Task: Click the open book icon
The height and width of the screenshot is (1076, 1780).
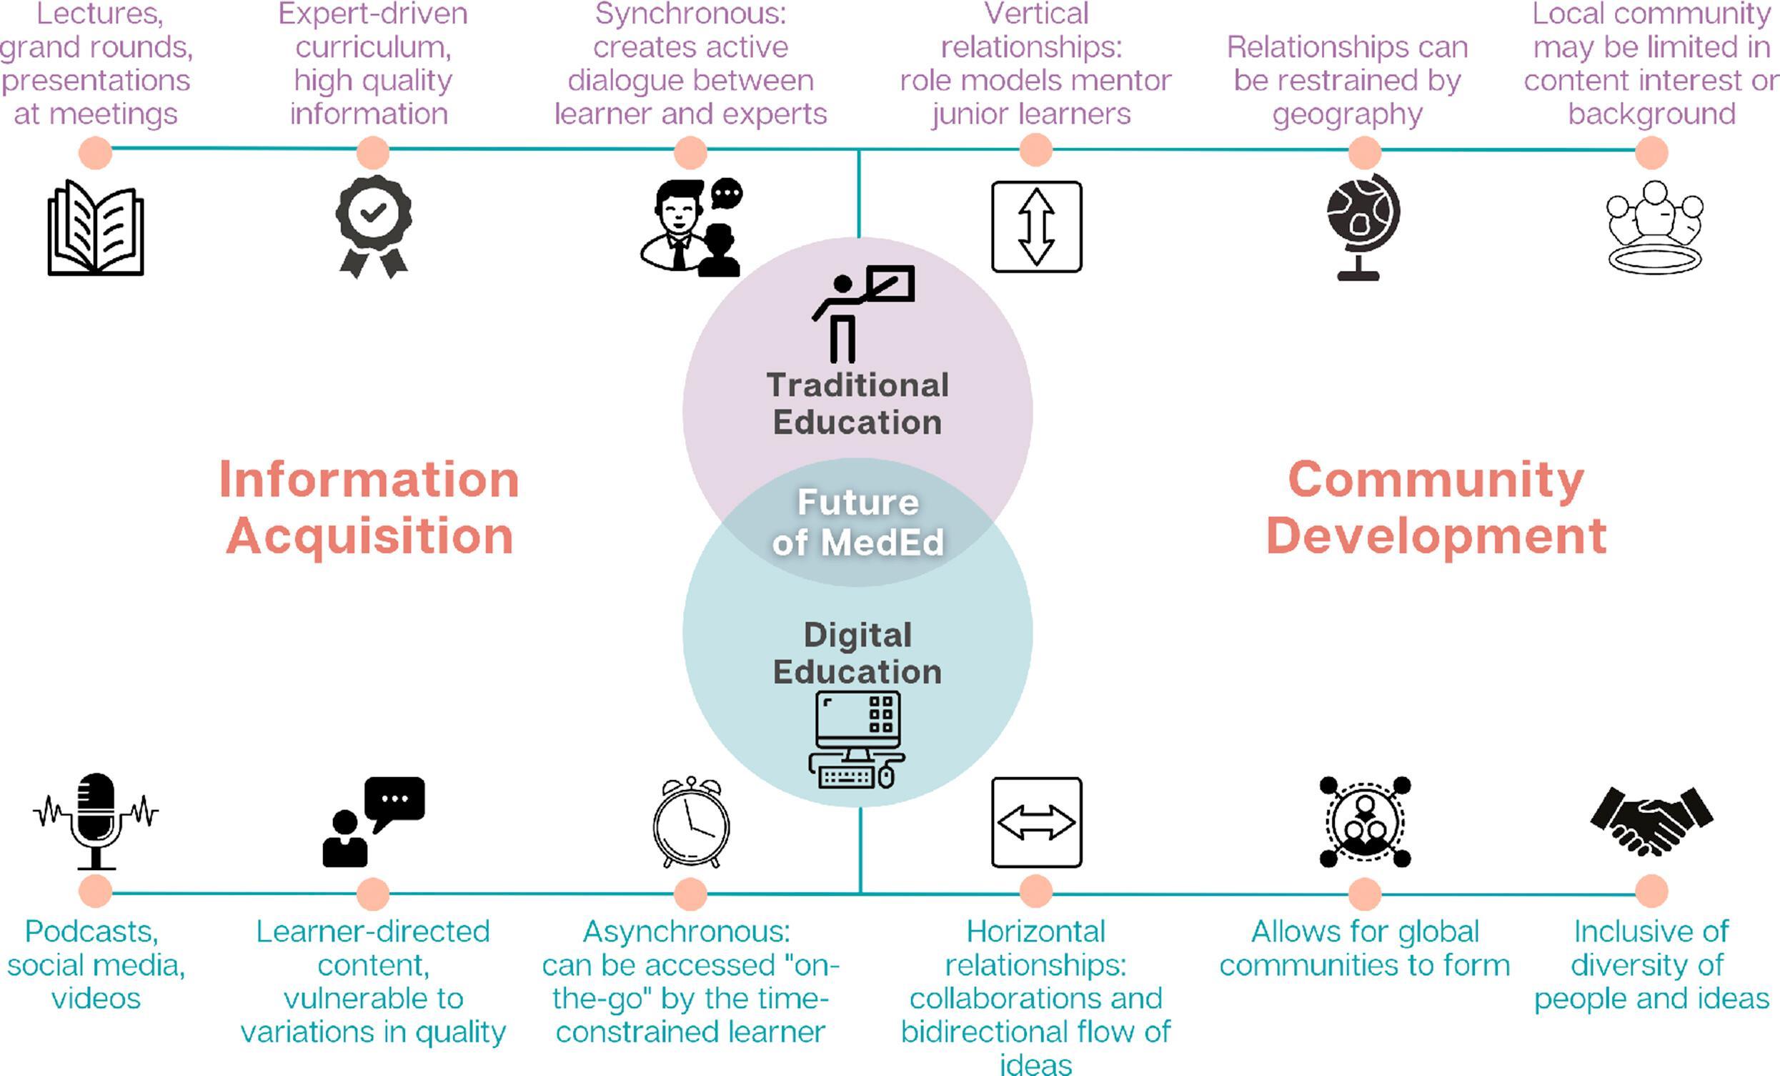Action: point(95,227)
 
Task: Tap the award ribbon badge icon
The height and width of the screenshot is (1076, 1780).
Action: point(374,225)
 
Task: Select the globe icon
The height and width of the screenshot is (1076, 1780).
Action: point(1363,226)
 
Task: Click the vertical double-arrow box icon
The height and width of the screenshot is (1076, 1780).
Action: point(1036,226)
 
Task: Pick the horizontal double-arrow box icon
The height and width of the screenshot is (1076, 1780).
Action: point(1036,822)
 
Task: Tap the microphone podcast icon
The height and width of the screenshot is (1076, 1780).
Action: point(96,821)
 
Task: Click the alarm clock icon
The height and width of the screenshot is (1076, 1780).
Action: point(691,822)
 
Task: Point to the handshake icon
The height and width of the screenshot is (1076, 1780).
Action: point(1651,820)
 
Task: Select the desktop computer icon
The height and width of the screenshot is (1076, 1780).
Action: point(857,739)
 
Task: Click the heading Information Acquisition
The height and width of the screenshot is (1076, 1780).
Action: point(369,508)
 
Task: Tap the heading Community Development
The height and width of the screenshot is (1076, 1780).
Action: point(1436,508)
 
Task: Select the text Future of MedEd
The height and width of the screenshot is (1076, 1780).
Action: point(857,523)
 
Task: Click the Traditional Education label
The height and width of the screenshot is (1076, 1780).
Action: point(857,403)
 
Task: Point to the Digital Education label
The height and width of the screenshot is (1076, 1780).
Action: point(857,653)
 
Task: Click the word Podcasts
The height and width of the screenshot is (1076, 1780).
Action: point(91,932)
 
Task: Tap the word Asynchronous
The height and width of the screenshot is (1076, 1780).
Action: point(686,932)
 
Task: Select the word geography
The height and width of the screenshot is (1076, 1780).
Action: point(1347,114)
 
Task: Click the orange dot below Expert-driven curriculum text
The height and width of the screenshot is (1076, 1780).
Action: point(373,152)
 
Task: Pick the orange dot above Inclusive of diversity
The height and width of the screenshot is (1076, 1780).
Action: point(1651,892)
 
